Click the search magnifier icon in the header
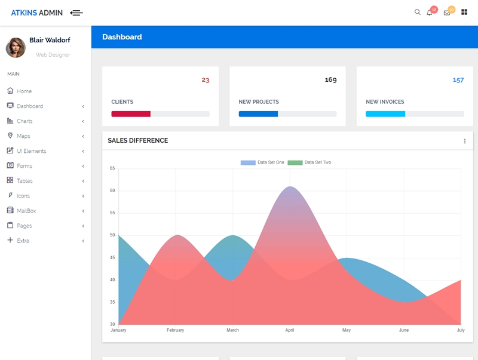point(417,12)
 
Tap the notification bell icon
point(429,13)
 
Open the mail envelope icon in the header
point(447,13)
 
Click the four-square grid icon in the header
point(464,12)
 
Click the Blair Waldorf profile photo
point(16,48)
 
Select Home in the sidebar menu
point(24,91)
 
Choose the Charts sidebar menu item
point(24,121)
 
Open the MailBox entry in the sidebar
point(26,211)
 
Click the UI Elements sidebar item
point(32,151)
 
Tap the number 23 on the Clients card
point(206,80)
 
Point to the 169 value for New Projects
point(331,80)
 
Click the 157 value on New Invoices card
point(458,80)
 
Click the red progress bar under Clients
point(131,114)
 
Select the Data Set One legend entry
point(262,162)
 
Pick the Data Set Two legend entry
point(310,162)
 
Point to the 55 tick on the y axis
point(112,213)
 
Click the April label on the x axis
point(290,330)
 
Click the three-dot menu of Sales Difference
point(465,141)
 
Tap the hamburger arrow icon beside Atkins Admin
point(76,13)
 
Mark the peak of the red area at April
point(290,186)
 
